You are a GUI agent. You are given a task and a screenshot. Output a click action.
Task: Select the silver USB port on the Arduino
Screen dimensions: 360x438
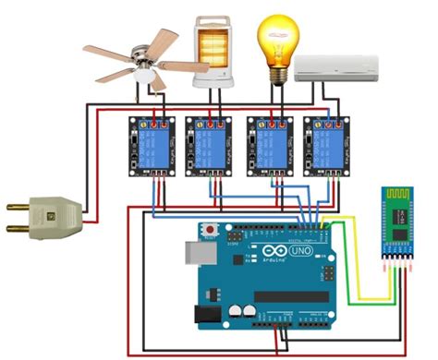click(x=198, y=255)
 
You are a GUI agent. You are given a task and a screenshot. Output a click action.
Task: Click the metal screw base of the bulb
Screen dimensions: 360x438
click(x=275, y=76)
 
